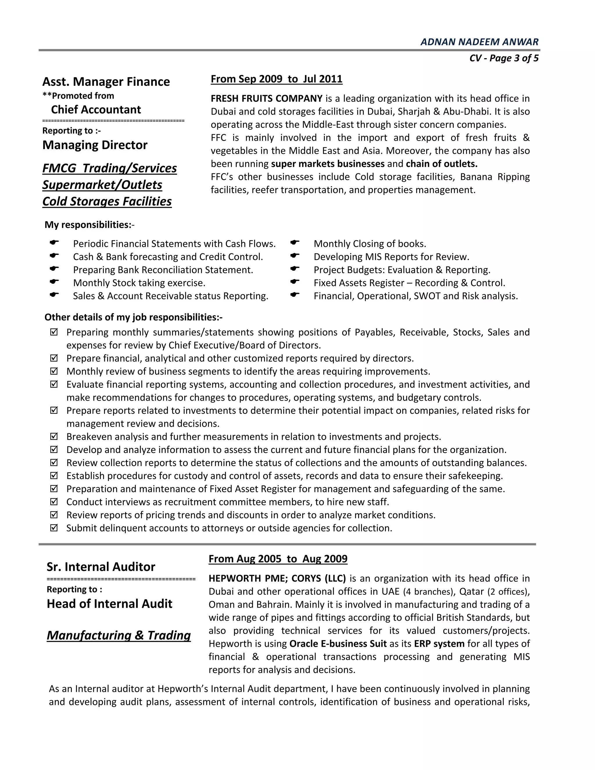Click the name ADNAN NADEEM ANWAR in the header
pyautogui.click(x=479, y=42)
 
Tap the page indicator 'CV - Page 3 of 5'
pyautogui.click(x=504, y=58)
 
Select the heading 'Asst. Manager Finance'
pyautogui.click(x=106, y=82)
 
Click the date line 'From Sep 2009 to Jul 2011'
pyautogui.click(x=276, y=79)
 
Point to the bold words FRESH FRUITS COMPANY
pyautogui.click(x=266, y=99)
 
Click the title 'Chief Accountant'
pyautogui.click(x=96, y=110)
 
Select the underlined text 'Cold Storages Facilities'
pyautogui.click(x=107, y=201)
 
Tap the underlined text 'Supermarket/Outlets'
pyautogui.click(x=102, y=185)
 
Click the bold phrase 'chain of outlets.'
pyautogui.click(x=441, y=164)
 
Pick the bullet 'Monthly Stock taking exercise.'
pyautogui.click(x=139, y=283)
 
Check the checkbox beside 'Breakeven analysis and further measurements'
pyautogui.click(x=54, y=436)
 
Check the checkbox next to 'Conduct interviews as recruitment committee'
pyautogui.click(x=54, y=502)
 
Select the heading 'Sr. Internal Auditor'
pyautogui.click(x=101, y=567)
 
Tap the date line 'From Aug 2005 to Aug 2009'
pyautogui.click(x=278, y=559)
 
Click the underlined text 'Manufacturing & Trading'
pyautogui.click(x=119, y=635)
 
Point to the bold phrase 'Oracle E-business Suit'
pyautogui.click(x=338, y=644)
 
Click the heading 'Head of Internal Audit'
pyautogui.click(x=109, y=604)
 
